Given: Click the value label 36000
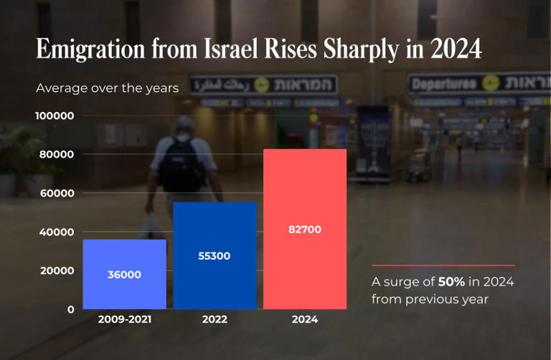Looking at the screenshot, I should tap(124, 275).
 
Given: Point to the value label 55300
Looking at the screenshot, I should tap(215, 255).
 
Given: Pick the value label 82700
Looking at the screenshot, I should tap(305, 229).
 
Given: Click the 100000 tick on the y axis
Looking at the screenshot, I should tap(55, 115).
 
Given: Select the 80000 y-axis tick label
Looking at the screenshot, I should tap(57, 154).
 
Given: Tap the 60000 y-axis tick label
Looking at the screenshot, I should tap(57, 193).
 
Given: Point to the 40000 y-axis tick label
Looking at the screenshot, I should tap(57, 232).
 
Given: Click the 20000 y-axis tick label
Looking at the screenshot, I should tap(57, 270).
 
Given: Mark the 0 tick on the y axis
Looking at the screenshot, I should tap(70, 309).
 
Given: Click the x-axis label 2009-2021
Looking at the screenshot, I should tap(125, 320).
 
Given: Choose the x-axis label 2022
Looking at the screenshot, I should tap(215, 320).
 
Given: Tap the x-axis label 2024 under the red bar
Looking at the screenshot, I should tap(305, 320).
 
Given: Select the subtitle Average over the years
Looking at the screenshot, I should tap(108, 88).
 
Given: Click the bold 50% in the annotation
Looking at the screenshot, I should tap(451, 281).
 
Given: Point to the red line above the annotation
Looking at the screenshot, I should tap(443, 265).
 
